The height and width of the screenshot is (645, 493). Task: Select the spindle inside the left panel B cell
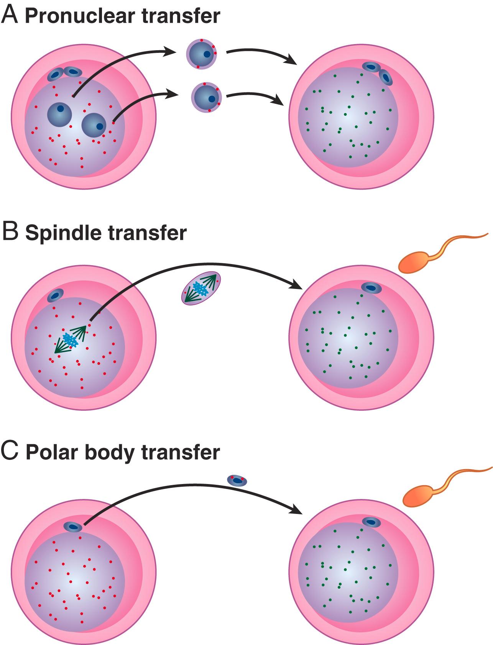pyautogui.click(x=71, y=339)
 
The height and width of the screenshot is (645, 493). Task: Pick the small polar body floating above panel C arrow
pyautogui.click(x=237, y=480)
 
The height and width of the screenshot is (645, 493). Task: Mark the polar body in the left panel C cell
pyautogui.click(x=73, y=527)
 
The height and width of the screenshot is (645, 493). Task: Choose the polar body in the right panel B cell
pyautogui.click(x=370, y=287)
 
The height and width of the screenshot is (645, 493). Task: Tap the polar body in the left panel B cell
pyautogui.click(x=55, y=295)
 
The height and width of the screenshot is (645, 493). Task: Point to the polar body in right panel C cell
pyautogui.click(x=371, y=522)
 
